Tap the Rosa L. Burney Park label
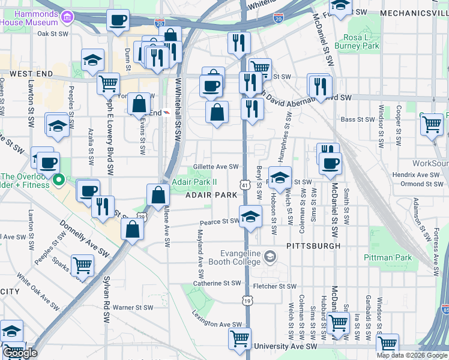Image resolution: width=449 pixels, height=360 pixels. (362, 41)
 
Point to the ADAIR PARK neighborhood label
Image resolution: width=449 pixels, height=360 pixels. (211, 196)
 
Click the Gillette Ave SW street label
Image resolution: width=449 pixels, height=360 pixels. (215, 167)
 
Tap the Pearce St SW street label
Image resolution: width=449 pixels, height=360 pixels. (220, 221)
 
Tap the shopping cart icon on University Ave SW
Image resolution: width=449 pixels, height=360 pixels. (240, 338)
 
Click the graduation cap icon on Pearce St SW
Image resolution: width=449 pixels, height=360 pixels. (250, 216)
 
